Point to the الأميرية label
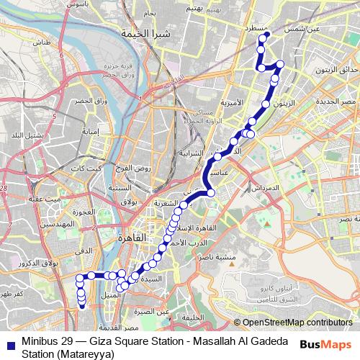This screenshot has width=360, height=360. pos(233,102)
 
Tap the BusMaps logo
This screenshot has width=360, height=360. pos(324,344)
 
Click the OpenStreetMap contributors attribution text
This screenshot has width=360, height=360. pos(297,323)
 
